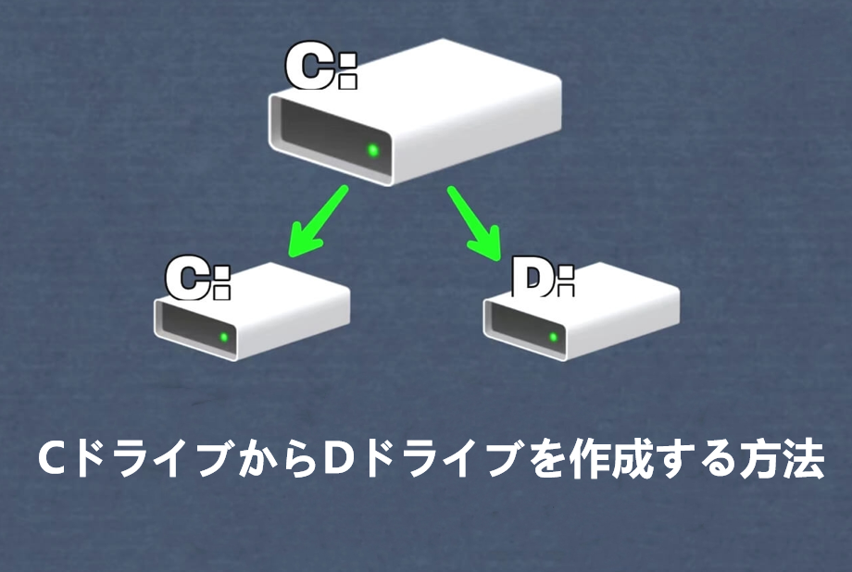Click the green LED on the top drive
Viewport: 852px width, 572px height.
373,149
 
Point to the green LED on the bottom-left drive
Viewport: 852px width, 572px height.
223,336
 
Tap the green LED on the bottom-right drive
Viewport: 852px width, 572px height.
553,336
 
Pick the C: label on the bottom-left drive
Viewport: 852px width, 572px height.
197,278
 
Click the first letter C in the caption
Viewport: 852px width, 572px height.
51,460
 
